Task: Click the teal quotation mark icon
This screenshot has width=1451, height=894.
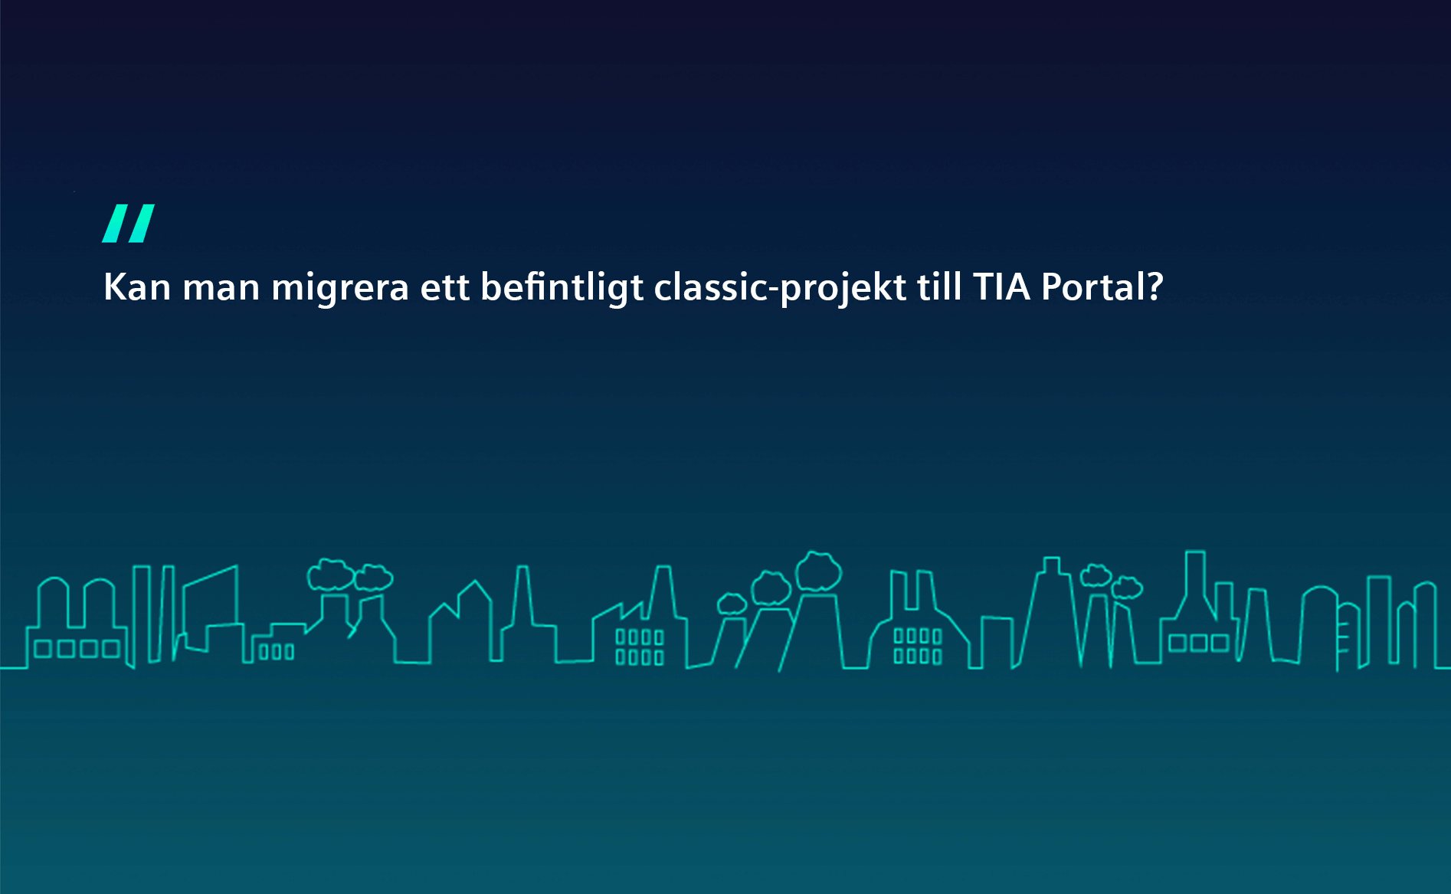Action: [x=129, y=223]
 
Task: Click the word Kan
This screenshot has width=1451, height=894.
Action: [x=137, y=287]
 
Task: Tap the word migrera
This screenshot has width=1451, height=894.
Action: [x=340, y=290]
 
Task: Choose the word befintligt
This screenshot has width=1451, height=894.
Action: [x=562, y=289]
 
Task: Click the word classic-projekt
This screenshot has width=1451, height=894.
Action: [x=781, y=289]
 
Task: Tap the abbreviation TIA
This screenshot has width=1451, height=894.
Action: [x=1002, y=287]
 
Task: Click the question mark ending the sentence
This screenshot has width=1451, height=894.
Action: [x=1155, y=287]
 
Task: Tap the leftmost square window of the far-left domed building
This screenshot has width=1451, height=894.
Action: [x=43, y=650]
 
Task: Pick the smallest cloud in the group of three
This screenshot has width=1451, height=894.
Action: [x=732, y=604]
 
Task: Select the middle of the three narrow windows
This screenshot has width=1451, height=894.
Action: [x=277, y=652]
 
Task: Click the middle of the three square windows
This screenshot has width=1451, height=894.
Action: [x=1199, y=643]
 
